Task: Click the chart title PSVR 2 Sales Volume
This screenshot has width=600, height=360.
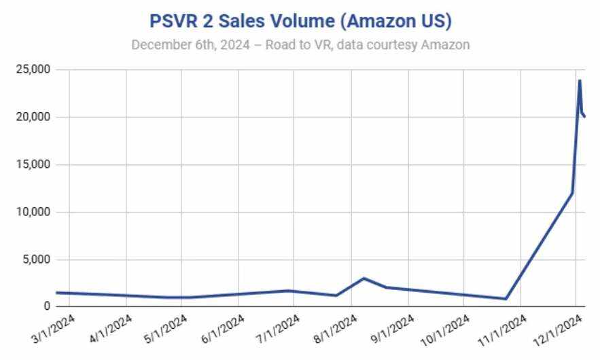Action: (300, 21)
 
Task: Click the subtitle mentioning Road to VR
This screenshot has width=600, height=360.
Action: (300, 45)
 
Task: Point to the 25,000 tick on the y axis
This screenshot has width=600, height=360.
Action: (32, 70)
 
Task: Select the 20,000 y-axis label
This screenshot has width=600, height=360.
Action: (32, 118)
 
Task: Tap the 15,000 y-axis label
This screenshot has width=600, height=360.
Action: (32, 165)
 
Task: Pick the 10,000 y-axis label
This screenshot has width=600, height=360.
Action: (32, 213)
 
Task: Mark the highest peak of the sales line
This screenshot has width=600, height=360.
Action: (580, 81)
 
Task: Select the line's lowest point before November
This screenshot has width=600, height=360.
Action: (506, 299)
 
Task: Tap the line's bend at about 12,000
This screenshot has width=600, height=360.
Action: (572, 193)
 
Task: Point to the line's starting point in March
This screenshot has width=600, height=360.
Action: (57, 293)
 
